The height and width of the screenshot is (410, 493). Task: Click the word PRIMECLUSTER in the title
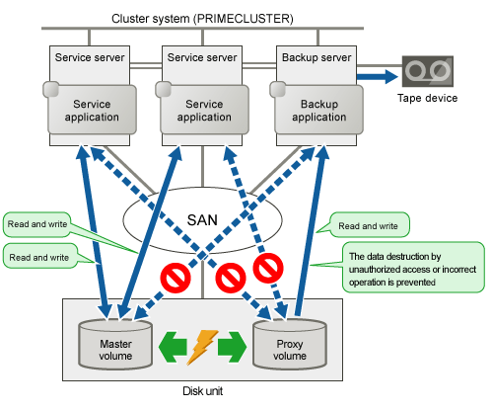click(244, 19)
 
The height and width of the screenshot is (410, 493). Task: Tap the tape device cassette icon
click(428, 71)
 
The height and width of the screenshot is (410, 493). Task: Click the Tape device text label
click(427, 98)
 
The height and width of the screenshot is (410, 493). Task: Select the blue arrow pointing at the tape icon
click(378, 77)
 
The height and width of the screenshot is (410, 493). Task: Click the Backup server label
click(317, 57)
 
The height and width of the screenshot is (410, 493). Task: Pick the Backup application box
click(318, 110)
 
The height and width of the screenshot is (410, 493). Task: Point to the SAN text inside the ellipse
click(202, 220)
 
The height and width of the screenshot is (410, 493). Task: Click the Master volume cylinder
click(115, 344)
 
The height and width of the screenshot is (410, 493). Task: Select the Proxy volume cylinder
click(290, 344)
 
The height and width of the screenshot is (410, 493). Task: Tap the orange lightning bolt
click(201, 348)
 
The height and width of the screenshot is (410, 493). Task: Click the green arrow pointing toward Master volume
click(173, 347)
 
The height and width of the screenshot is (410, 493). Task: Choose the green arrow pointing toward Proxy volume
click(232, 347)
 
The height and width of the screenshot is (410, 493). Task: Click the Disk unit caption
click(202, 391)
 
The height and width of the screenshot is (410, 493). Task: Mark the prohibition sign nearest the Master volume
click(176, 278)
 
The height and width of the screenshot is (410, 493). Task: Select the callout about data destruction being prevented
click(413, 268)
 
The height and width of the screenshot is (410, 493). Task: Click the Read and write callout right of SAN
click(370, 225)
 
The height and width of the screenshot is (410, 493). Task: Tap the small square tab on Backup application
click(278, 89)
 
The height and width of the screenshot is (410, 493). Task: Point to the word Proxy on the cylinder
click(290, 344)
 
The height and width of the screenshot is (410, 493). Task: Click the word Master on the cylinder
click(115, 344)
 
